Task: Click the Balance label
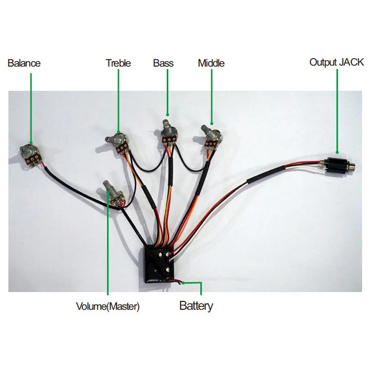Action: point(24,63)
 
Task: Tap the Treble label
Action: point(118,63)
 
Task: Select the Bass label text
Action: point(163,63)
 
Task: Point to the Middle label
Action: point(211,63)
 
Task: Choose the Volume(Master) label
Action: point(108,306)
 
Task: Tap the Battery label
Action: point(196,306)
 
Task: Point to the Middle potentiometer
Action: point(212,137)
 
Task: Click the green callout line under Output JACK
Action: point(337,111)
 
